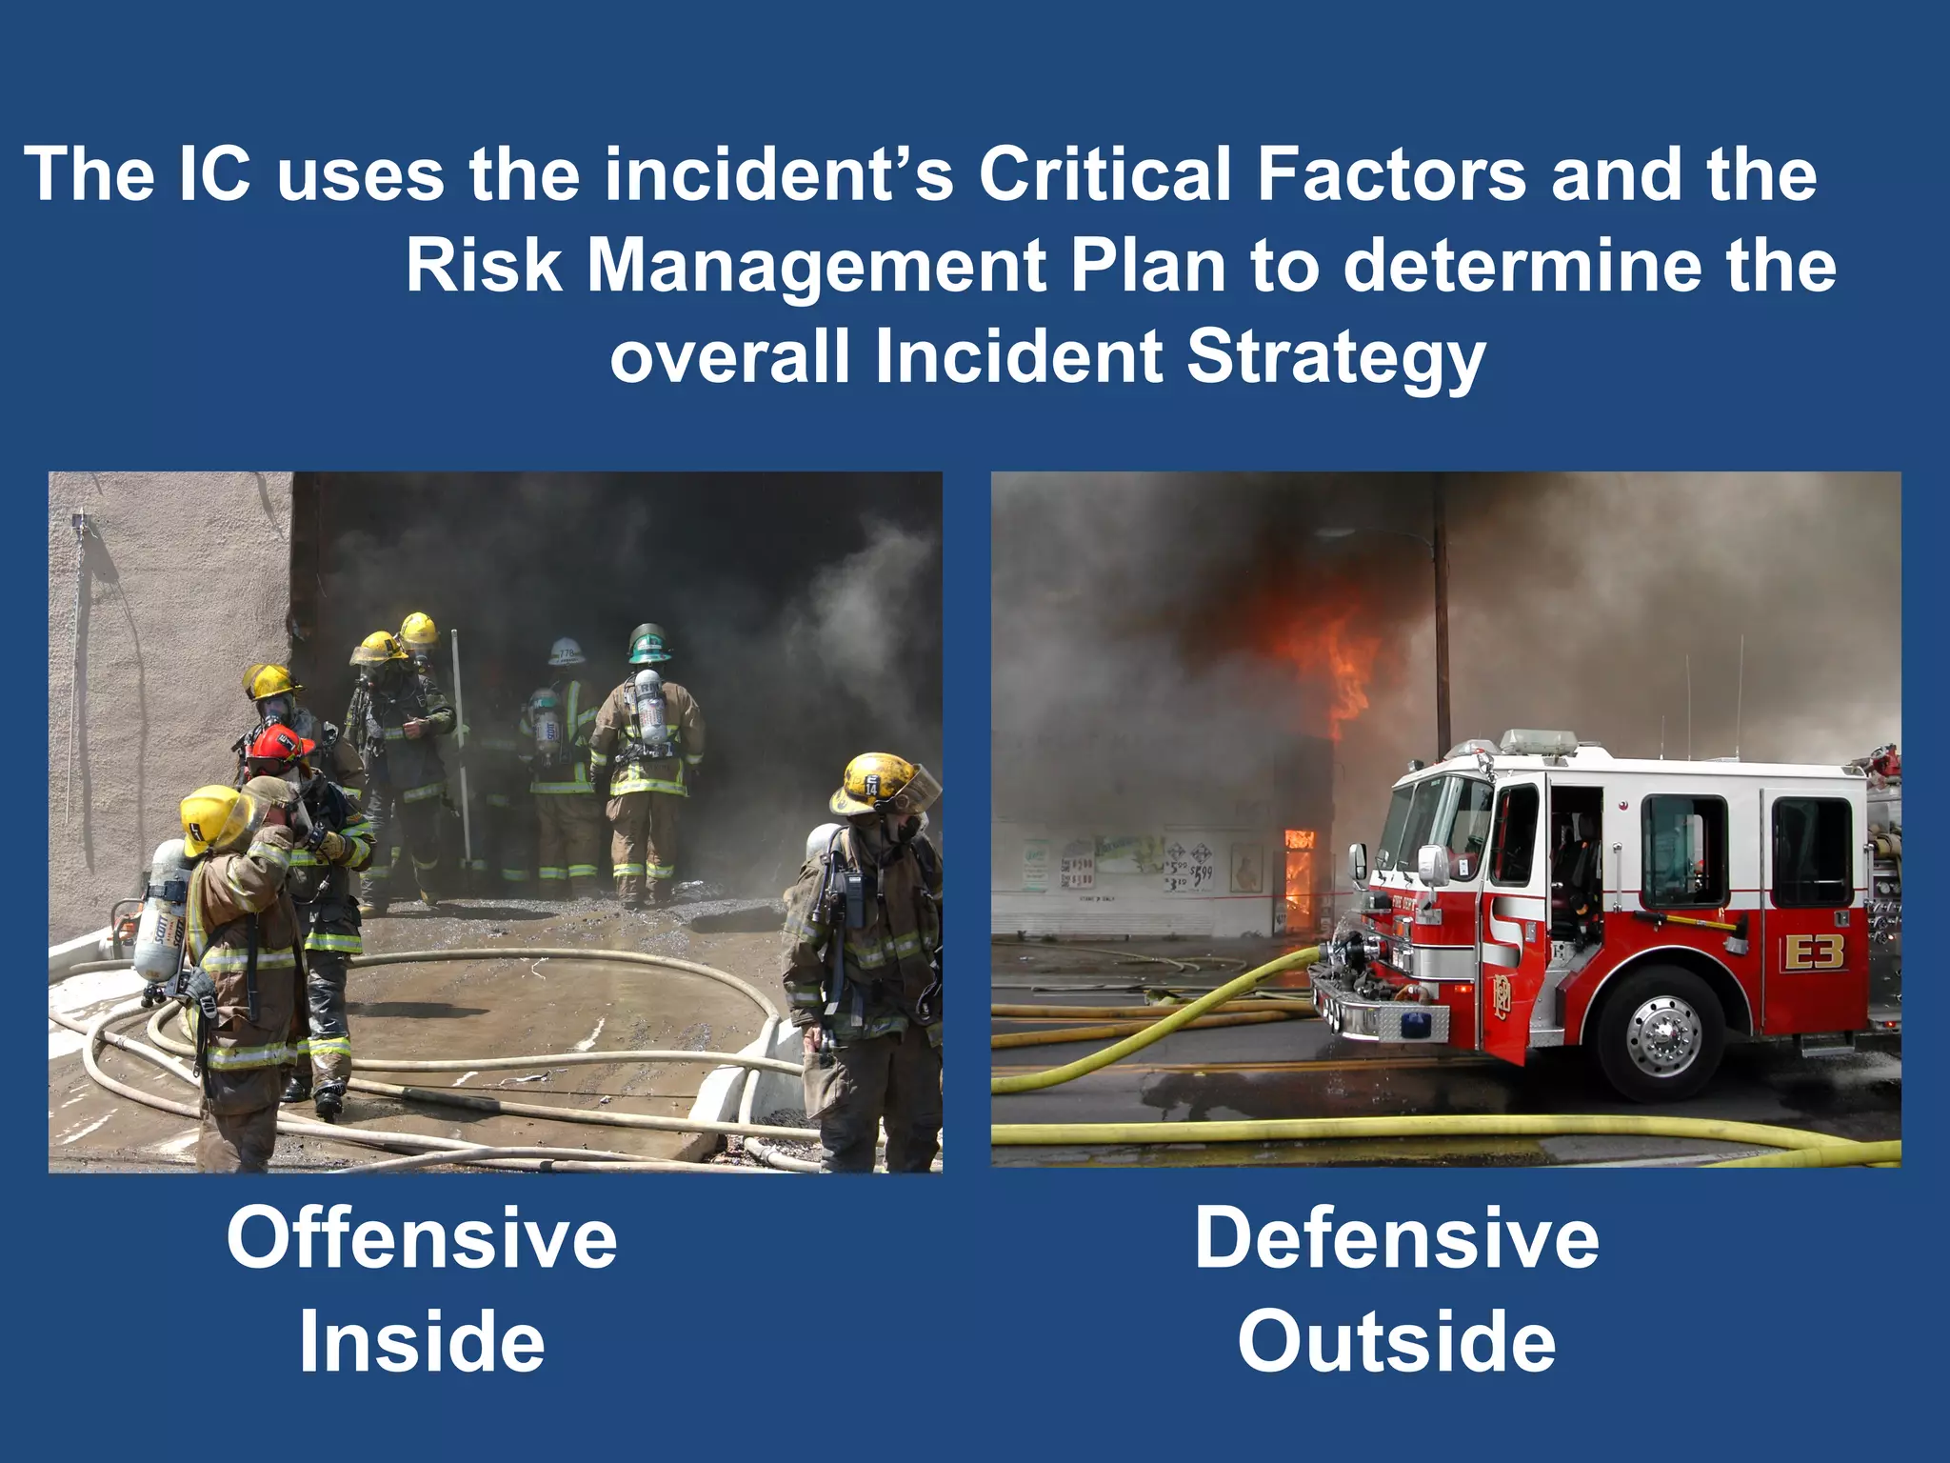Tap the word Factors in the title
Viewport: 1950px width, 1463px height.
click(1393, 175)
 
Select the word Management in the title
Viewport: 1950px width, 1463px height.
click(817, 266)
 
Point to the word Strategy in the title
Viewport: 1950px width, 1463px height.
click(1336, 357)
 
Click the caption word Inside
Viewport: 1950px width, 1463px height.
click(422, 1342)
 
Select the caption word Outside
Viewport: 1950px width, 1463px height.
click(1397, 1342)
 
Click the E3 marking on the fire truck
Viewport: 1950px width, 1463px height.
click(1814, 952)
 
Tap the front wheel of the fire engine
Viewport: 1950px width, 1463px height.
click(1661, 1033)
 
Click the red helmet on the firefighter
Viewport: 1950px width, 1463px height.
click(277, 748)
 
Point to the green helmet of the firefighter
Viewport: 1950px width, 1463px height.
click(648, 643)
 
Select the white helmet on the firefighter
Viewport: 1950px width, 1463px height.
click(567, 651)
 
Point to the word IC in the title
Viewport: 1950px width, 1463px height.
click(215, 175)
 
